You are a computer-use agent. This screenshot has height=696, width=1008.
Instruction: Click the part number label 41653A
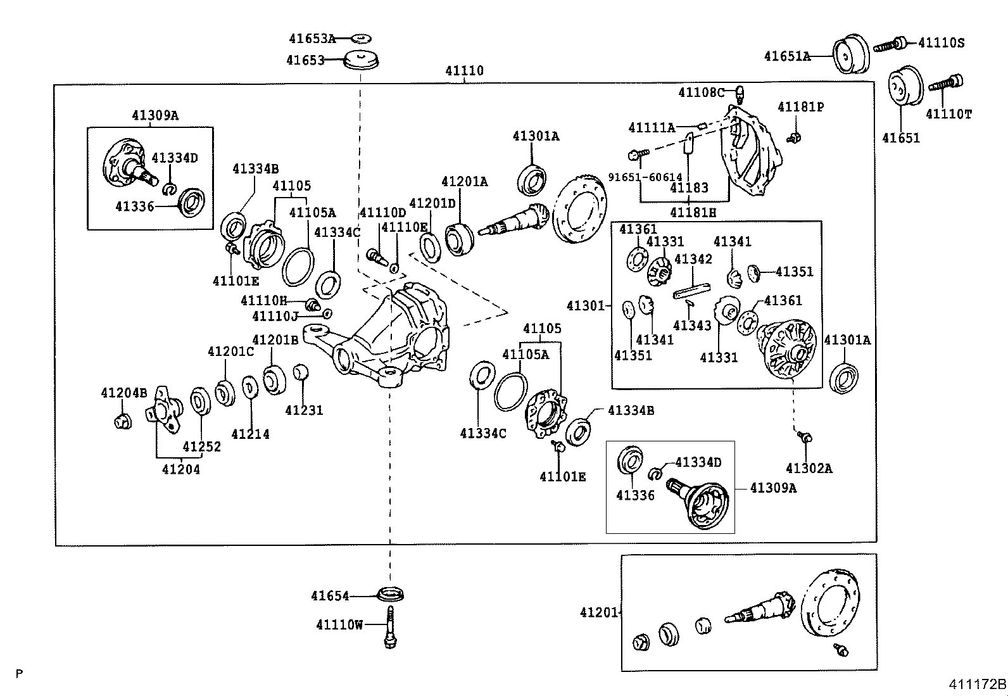312,39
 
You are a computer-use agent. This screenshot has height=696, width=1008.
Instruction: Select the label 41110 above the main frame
464,71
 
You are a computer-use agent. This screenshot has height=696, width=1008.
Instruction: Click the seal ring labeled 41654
391,595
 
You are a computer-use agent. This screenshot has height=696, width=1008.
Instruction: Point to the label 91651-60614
645,178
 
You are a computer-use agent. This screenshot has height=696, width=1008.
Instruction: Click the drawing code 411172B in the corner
976,685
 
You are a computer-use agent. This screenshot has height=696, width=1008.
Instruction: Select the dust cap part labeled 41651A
851,55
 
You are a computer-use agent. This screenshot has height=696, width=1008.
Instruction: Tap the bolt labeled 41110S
890,44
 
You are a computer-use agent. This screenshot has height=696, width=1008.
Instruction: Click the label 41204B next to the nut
124,393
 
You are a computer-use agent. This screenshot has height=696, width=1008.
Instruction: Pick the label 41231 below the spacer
304,410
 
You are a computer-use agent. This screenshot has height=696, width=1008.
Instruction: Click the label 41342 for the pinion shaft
693,259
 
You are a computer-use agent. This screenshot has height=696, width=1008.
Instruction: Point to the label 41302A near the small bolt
809,469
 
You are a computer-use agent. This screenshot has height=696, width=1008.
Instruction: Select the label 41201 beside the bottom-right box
599,612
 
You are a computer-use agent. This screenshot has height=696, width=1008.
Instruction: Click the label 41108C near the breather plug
701,92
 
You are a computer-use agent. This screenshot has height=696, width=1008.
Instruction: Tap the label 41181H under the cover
693,213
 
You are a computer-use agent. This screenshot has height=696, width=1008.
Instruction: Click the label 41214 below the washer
250,434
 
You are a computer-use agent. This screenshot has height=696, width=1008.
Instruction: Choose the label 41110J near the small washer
275,316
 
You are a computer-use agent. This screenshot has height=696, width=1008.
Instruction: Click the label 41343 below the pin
692,326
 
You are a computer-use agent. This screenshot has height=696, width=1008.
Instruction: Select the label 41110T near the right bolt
948,114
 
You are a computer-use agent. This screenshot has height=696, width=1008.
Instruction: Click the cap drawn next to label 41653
360,60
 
